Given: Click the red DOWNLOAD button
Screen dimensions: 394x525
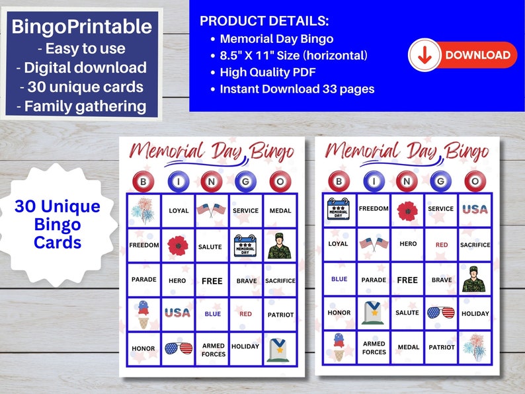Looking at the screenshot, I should [462, 56].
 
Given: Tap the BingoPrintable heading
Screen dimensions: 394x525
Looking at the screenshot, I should [82, 27].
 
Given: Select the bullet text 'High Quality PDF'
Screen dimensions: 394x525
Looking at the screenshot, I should [264, 72].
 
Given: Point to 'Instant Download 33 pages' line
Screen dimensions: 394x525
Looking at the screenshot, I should [297, 89].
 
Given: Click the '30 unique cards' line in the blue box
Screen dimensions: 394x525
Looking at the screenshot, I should [82, 86].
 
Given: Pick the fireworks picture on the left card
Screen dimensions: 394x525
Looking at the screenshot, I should [143, 210].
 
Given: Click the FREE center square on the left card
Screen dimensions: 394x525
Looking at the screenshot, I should [212, 280].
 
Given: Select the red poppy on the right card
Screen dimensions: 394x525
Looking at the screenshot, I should [407, 211].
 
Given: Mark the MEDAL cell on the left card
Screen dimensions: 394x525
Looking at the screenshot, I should [280, 211].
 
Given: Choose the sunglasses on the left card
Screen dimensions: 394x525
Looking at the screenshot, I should [178, 348].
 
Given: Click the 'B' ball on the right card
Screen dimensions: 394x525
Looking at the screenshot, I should [339, 180].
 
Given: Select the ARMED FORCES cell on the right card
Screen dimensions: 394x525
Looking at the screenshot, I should [374, 348].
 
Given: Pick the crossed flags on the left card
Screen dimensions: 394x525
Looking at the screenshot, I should [212, 210].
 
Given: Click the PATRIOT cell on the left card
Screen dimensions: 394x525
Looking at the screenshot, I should [280, 315].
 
